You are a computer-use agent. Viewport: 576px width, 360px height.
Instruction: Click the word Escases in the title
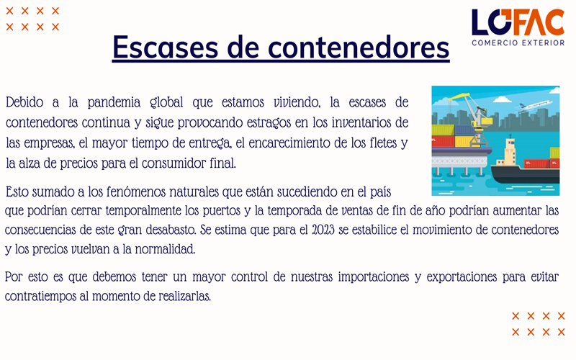point(166,48)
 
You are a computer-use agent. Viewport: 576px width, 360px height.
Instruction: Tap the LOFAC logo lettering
point(518,22)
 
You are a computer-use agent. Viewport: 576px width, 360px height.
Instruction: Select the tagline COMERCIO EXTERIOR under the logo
point(518,43)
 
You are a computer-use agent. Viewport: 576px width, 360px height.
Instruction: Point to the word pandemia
point(114,102)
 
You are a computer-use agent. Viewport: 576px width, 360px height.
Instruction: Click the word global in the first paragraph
point(166,102)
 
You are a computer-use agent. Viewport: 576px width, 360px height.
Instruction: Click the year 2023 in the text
point(323,230)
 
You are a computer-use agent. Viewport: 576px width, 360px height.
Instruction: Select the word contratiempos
point(40,297)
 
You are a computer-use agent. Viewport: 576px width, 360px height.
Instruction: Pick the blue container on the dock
point(464,130)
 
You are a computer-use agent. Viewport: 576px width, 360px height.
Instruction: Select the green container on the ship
point(554,153)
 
